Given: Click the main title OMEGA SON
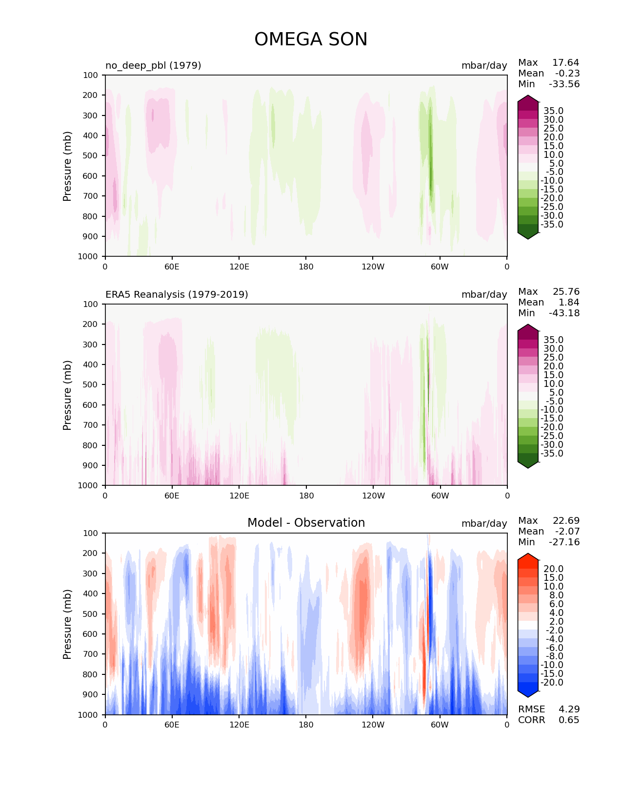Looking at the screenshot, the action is pyautogui.click(x=310, y=39).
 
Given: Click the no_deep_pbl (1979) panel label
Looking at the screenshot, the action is pyautogui.click(x=153, y=65).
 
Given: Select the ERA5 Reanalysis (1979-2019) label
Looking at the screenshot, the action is pyautogui.click(x=177, y=294).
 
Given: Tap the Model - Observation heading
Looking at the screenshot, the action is pyautogui.click(x=306, y=523).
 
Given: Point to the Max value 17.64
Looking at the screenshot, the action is pyautogui.click(x=565, y=62).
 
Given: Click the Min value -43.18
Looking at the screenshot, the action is pyautogui.click(x=564, y=313).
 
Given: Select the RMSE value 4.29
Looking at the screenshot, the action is pyautogui.click(x=569, y=709).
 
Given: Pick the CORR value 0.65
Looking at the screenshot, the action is pyautogui.click(x=569, y=720).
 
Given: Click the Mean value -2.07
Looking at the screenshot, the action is pyautogui.click(x=567, y=531).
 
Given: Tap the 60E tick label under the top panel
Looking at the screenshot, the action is pyautogui.click(x=172, y=267).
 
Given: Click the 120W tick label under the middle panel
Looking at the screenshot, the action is pyautogui.click(x=373, y=496).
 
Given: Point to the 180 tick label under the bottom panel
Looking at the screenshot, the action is pyautogui.click(x=306, y=725).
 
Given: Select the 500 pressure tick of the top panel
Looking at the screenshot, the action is pyautogui.click(x=90, y=156).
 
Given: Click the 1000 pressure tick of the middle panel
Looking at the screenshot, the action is pyautogui.click(x=88, y=485).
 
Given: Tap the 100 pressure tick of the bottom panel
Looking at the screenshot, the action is pyautogui.click(x=90, y=533).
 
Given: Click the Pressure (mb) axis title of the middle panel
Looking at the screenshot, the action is pyautogui.click(x=67, y=395).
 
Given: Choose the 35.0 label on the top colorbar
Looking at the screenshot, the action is pyautogui.click(x=554, y=111).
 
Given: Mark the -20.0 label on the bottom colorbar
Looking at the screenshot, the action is pyautogui.click(x=552, y=683).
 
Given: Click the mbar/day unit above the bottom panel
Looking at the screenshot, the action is pyautogui.click(x=484, y=523).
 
